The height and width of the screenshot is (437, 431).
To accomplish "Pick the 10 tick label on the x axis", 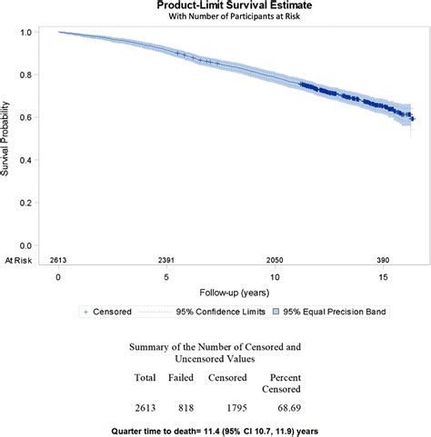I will pos(275,277).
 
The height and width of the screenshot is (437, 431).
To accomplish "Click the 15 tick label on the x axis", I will pos(384,277).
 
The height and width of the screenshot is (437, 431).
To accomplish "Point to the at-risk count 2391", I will pos(166,261).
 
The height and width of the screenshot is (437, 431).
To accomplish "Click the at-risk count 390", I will pos(383,261).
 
